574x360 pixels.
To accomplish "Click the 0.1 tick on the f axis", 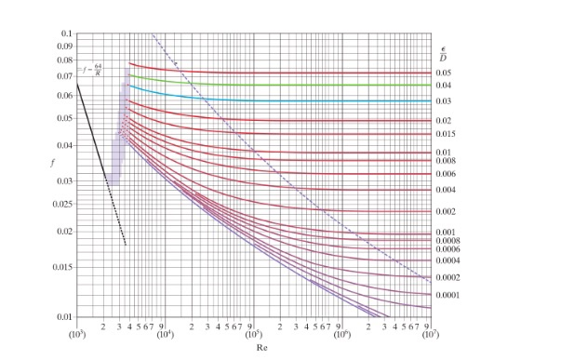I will [65, 33].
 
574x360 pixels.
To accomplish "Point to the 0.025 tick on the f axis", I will [61, 204].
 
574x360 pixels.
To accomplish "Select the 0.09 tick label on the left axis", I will [63, 46].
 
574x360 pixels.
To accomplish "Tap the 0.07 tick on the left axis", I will [63, 76].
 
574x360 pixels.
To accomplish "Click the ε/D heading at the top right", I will [443, 52].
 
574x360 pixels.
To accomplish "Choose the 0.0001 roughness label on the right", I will [447, 295].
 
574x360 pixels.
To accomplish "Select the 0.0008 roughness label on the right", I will [447, 241].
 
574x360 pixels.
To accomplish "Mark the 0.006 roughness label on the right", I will [445, 174].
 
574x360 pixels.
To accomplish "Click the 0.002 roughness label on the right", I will [445, 212].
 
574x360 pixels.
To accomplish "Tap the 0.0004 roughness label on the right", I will [447, 260].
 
